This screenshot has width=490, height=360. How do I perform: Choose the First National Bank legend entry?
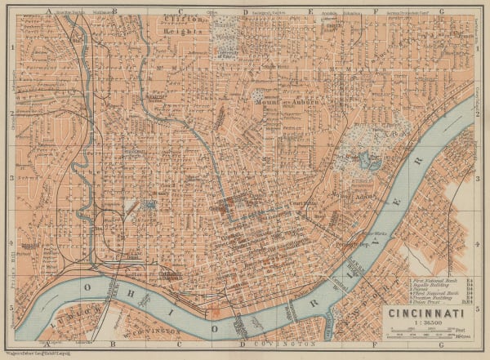[x=433, y=278]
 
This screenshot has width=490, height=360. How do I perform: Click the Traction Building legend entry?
[x=433, y=298]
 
